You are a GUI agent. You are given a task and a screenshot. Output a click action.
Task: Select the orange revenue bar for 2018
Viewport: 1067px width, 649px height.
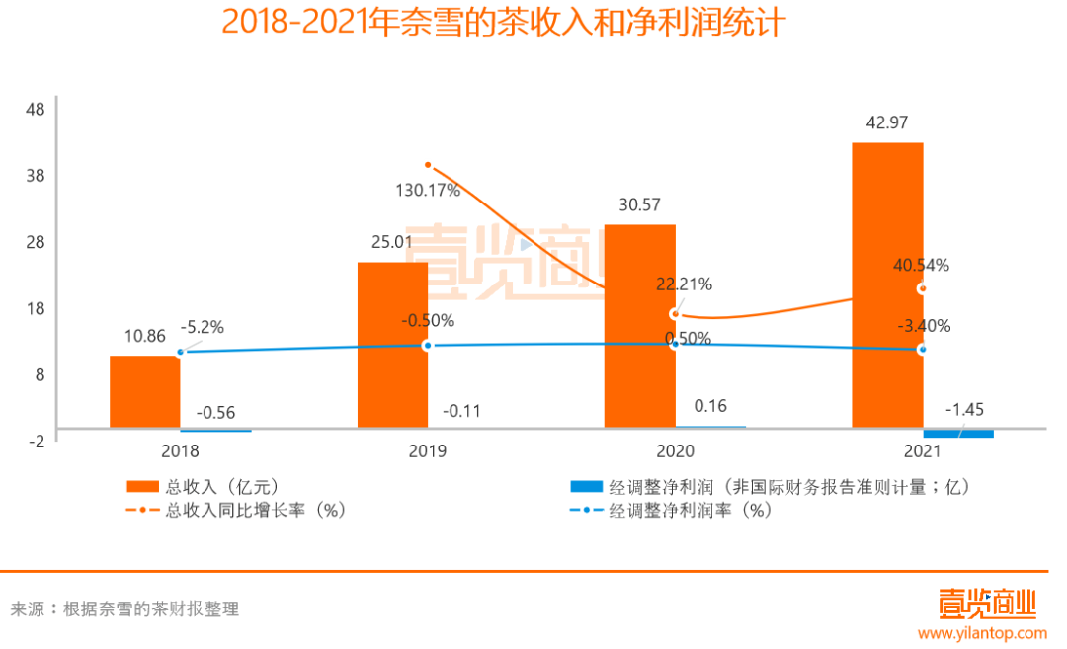(144, 391)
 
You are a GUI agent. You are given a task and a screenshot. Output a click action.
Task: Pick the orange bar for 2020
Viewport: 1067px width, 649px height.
(640, 326)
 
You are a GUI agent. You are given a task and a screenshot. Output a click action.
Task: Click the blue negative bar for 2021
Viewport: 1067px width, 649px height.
(957, 434)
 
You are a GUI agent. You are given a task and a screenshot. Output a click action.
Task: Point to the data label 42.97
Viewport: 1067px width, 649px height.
(886, 123)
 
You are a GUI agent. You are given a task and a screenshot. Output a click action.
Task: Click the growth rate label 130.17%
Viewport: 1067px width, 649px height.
(427, 191)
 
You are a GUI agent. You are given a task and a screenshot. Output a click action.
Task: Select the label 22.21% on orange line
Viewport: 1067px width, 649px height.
(684, 284)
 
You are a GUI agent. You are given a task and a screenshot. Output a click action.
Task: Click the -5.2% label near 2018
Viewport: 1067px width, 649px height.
(202, 327)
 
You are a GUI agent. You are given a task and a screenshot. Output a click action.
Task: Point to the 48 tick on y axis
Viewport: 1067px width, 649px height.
(35, 109)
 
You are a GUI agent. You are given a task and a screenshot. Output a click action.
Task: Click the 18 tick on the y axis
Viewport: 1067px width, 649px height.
(35, 308)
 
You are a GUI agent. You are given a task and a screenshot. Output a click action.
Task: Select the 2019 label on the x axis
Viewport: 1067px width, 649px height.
(427, 451)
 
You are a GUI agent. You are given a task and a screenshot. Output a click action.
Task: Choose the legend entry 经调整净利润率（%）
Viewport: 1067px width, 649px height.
(690, 511)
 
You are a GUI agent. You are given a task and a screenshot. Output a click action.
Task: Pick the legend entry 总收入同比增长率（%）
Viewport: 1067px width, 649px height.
(255, 511)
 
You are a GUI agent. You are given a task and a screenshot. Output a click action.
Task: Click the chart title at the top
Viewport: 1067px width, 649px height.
(503, 22)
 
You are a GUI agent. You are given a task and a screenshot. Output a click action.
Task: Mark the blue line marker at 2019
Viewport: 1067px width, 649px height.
(427, 345)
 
